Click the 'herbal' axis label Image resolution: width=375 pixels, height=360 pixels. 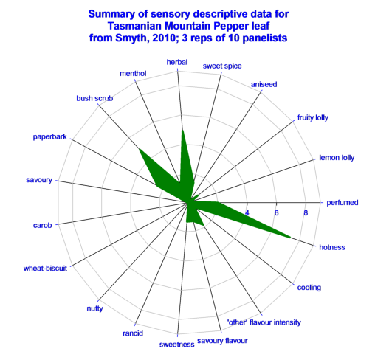tap(177, 62)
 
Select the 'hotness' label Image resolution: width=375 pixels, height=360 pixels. tap(332, 247)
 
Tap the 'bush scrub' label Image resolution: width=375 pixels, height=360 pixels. tap(94, 98)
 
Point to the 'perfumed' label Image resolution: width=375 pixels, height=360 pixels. tap(343, 203)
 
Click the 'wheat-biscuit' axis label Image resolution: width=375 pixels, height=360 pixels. tap(45, 268)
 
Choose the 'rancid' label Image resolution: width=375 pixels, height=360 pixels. tap(133, 333)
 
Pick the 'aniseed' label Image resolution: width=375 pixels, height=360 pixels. tap(264, 84)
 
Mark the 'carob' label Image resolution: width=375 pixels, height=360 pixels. tap(43, 225)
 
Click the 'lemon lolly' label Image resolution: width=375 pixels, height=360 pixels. tap(337, 158)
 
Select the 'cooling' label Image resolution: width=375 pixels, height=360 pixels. tap(309, 288)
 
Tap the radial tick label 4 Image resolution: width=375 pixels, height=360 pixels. tap(247, 212)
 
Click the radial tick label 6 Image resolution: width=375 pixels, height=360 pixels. tap(276, 212)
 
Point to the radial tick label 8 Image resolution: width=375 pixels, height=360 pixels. tap(306, 212)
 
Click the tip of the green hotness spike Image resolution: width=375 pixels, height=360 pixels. tap(290, 238)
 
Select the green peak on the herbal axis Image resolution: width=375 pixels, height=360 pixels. tap(182, 131)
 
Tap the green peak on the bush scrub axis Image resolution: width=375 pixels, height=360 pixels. tap(140, 149)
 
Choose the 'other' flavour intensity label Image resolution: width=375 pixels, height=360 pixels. tap(264, 322)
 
